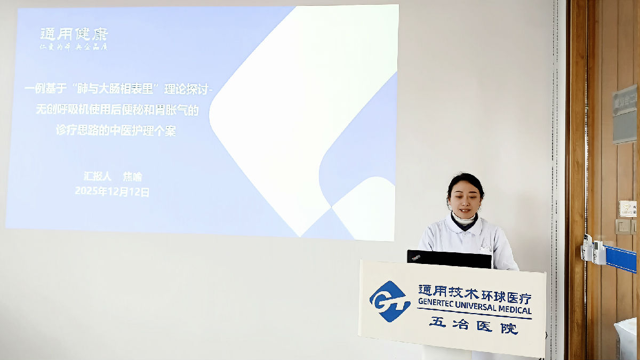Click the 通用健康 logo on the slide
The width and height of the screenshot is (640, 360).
[74, 34]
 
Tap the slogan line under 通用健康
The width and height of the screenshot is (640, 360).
[74, 47]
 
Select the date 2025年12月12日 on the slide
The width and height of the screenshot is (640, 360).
[112, 191]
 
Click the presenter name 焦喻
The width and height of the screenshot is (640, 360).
[133, 177]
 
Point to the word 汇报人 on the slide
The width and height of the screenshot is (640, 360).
[97, 177]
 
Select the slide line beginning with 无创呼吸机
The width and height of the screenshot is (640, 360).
[116, 110]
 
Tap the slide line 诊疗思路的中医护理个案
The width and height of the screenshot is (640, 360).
[116, 131]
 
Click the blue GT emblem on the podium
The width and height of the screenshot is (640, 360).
[390, 301]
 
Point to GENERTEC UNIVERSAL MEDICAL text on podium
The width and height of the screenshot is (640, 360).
[475, 309]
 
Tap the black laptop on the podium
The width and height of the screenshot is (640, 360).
[449, 259]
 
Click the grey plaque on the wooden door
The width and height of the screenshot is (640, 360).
[624, 114]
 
